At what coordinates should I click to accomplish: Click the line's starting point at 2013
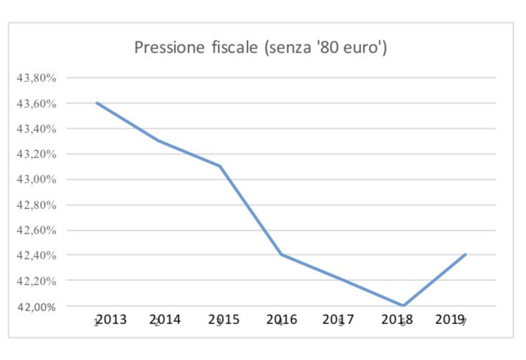click(96, 103)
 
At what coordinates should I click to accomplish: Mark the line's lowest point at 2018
click(403, 305)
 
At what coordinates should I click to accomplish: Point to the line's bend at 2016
click(280, 254)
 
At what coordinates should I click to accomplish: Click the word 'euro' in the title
click(362, 48)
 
